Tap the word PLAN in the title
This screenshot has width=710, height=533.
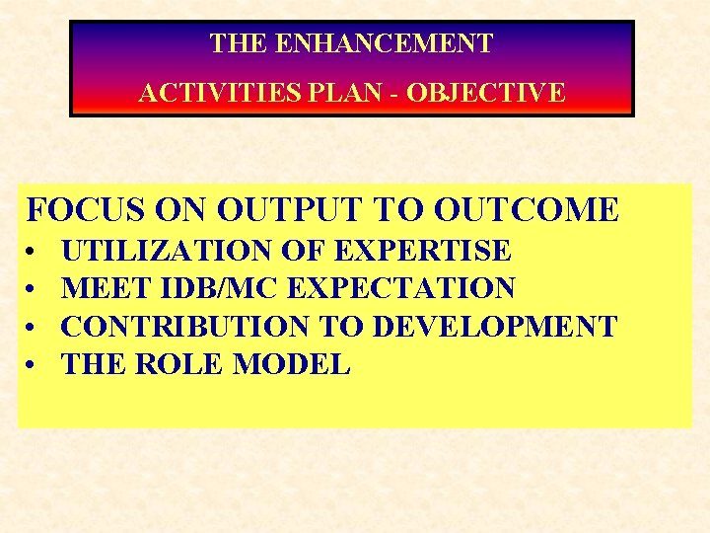(x=308, y=93)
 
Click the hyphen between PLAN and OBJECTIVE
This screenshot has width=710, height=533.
(x=353, y=94)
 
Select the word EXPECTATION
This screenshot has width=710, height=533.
(x=400, y=288)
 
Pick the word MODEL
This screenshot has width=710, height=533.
(x=292, y=363)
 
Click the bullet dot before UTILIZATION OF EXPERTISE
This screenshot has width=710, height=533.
(x=34, y=252)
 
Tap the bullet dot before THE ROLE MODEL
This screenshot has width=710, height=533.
(x=34, y=364)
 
